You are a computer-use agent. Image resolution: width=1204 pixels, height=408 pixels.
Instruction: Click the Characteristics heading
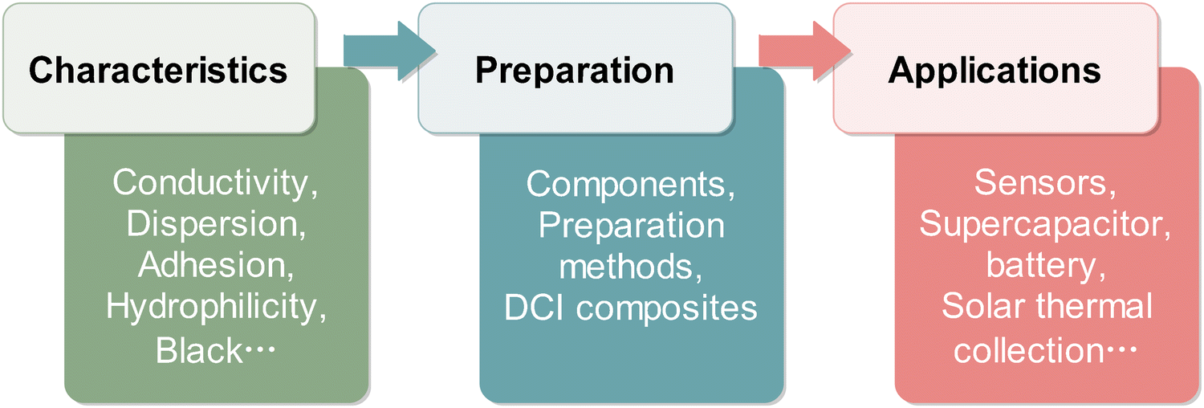coord(158,71)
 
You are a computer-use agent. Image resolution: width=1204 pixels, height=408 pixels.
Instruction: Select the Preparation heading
coord(575,71)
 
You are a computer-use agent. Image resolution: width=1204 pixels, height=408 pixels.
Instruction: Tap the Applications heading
coord(995,71)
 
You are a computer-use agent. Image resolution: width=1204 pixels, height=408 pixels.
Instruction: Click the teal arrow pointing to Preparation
coord(389,51)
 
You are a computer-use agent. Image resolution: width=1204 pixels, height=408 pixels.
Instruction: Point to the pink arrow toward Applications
coord(804,51)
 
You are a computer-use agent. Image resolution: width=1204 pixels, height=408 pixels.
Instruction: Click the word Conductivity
coord(210,183)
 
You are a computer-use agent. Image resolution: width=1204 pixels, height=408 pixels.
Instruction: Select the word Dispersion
coord(212,224)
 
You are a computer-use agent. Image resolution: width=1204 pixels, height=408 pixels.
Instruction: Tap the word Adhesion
coord(212,265)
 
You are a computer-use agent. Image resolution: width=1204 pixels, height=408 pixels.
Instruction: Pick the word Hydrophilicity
coord(212,307)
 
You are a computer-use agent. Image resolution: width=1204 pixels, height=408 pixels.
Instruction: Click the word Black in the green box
coord(199,350)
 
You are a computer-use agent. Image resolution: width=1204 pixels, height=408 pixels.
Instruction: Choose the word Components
coord(625,185)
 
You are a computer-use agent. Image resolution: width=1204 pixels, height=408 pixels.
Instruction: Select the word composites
coord(666,309)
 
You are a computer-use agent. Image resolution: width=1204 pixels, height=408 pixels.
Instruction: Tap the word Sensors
coord(1040,183)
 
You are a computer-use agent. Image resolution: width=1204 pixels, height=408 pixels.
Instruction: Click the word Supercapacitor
coord(1040,225)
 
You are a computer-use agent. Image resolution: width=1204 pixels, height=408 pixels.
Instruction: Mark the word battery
coord(1040,266)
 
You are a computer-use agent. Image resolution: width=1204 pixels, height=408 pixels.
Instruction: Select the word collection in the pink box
coord(1029,350)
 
